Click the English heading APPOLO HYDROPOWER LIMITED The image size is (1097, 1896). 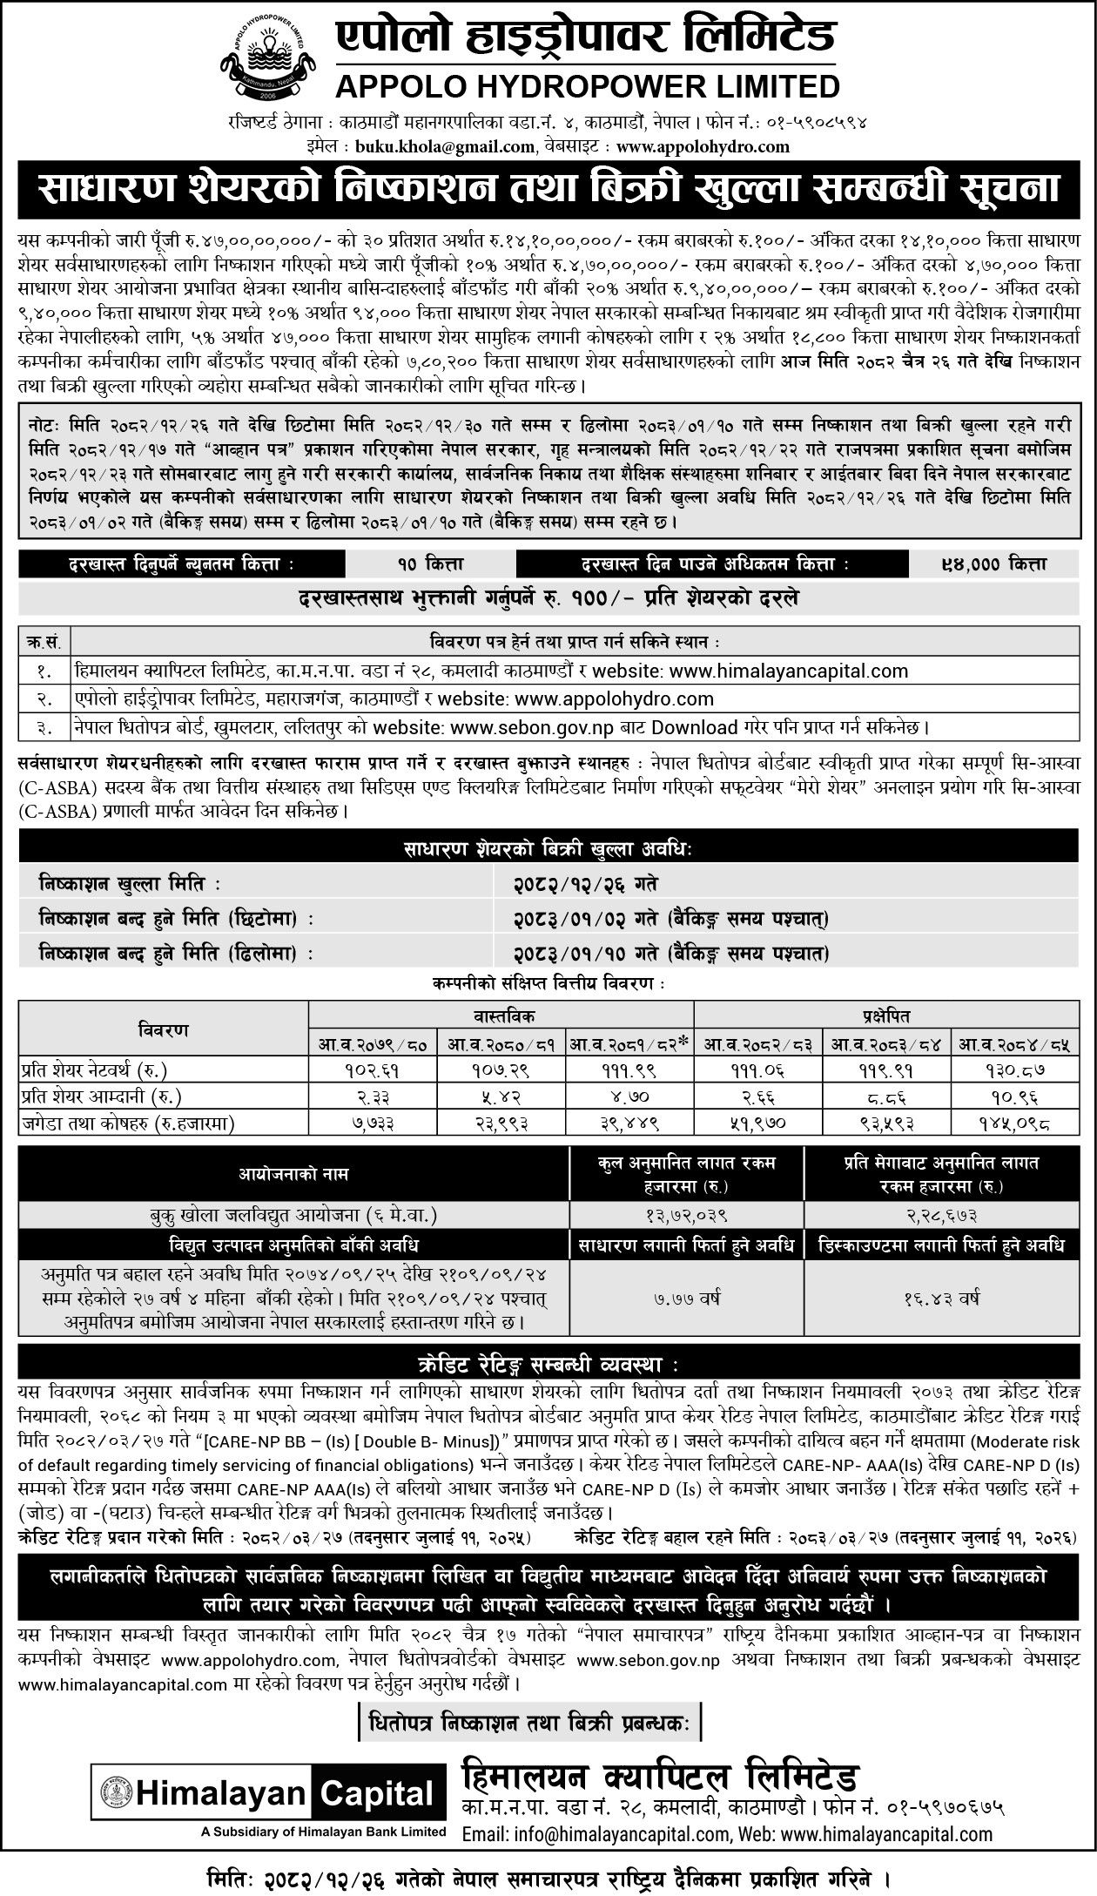click(589, 87)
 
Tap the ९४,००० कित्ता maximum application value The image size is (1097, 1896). click(1000, 564)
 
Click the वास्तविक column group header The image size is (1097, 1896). click(501, 1015)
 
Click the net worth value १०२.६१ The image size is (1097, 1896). click(374, 1070)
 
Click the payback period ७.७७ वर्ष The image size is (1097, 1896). click(687, 1299)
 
